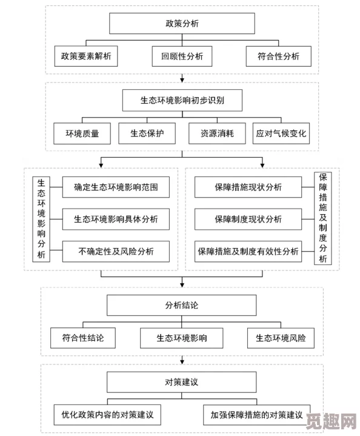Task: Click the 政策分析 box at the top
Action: tap(182, 24)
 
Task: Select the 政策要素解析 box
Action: tap(85, 56)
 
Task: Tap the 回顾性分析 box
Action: tap(182, 56)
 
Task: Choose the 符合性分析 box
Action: tap(279, 56)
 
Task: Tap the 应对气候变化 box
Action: tap(281, 133)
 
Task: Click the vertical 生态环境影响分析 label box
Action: tap(41, 218)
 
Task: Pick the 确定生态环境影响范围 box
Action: tap(115, 187)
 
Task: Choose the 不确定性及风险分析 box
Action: tap(115, 250)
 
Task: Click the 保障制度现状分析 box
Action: tap(247, 219)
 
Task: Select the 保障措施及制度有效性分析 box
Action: tap(247, 250)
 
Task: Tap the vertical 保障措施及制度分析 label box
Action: tap(322, 218)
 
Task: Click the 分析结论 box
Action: tap(182, 305)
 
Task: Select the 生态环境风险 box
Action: tap(281, 338)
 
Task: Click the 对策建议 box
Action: tap(182, 382)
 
